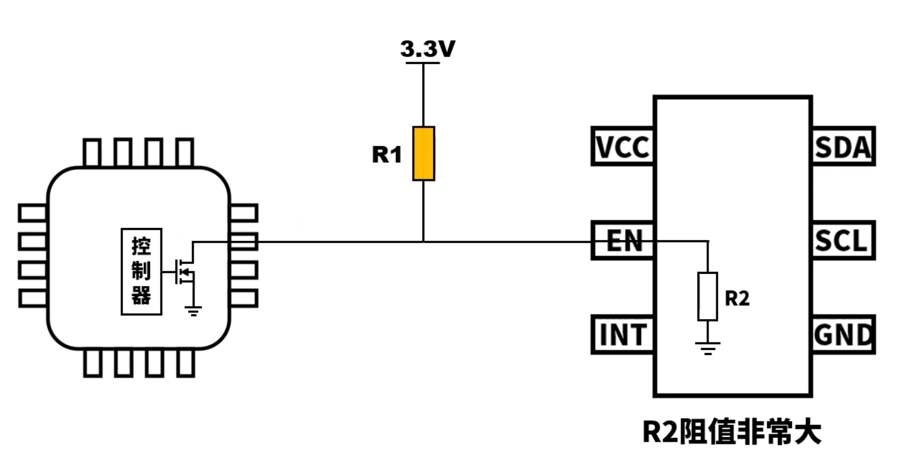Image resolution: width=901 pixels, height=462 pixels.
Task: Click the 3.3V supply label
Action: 427,49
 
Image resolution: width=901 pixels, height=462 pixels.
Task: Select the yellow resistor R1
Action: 423,154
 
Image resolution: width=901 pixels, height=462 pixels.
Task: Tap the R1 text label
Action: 387,155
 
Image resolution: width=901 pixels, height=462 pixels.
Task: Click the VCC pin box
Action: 622,146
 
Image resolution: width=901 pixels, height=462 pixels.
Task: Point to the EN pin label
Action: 624,240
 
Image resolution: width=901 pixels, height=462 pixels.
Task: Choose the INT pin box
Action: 622,334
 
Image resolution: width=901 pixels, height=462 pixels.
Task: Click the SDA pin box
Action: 844,146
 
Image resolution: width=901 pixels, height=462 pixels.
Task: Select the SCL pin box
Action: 844,240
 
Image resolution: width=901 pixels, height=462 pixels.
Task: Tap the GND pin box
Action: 844,334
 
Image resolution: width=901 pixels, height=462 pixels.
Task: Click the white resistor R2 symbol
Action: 708,296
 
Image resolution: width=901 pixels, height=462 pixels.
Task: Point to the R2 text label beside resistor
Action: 737,298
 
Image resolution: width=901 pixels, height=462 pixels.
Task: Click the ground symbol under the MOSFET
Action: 193,311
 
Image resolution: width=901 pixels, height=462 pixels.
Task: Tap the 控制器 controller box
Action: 142,271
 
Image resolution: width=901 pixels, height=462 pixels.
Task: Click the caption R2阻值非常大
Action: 731,432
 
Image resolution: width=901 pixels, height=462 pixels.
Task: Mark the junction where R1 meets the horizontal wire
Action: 423,242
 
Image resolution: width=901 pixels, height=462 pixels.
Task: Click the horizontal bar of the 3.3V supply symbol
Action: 423,63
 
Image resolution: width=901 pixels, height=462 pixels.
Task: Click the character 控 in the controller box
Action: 141,246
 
